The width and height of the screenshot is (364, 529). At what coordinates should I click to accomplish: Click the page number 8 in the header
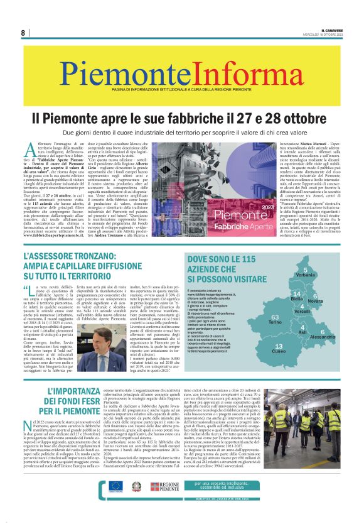point(23,33)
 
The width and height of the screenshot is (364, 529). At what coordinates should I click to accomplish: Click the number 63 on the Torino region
point(257,317)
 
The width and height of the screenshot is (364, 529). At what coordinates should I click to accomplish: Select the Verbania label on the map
point(306,275)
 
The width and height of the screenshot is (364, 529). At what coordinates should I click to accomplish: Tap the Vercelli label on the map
point(302,312)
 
